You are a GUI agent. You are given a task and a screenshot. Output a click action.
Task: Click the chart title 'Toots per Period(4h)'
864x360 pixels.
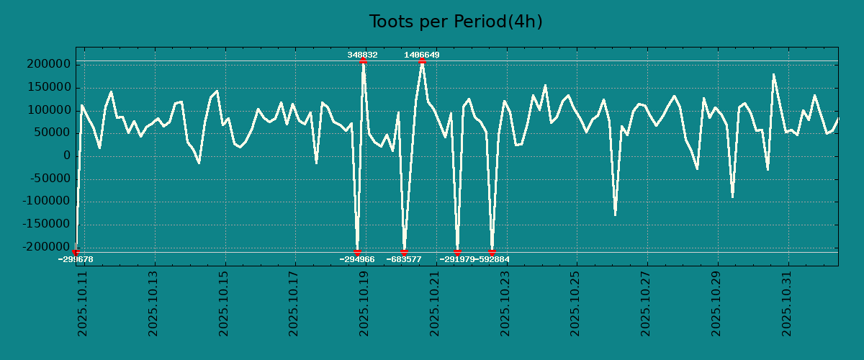click(456, 22)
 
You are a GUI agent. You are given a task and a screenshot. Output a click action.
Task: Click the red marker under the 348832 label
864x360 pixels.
click(363, 61)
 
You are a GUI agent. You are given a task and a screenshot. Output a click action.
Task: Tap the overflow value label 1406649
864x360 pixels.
click(422, 55)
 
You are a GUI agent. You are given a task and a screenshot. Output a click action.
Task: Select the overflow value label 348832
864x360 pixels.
click(362, 55)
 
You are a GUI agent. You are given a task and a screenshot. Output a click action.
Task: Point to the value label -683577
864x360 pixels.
click(404, 259)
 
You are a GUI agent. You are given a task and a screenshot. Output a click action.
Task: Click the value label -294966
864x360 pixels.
click(357, 259)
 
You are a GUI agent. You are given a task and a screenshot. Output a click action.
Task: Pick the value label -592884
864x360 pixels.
click(492, 259)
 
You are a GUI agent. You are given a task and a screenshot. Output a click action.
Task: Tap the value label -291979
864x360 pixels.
click(457, 259)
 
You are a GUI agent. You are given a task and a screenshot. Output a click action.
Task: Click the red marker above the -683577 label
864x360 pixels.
click(404, 252)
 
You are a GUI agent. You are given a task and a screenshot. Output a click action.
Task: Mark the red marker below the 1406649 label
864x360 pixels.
click(422, 61)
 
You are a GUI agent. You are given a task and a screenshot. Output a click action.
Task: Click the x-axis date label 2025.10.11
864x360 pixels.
click(82, 303)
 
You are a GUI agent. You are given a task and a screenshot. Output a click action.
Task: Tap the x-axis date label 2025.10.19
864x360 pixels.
click(364, 303)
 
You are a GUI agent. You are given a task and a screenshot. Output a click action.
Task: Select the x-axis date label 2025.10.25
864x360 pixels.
click(575, 303)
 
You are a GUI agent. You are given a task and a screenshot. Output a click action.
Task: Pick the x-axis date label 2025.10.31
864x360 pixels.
click(787, 303)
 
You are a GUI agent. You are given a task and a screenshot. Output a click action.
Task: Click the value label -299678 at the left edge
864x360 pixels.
click(76, 259)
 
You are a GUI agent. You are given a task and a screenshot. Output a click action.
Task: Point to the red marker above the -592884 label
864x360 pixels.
click(492, 252)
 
